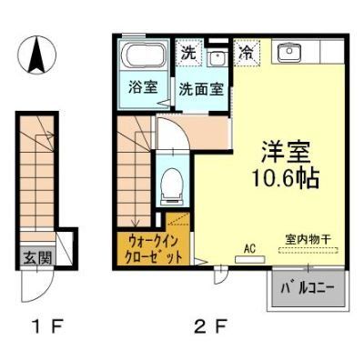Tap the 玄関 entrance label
pos(36,258)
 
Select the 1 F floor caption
pos(40,322)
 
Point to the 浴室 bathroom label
pos(141,89)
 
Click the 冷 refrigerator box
pos(245,52)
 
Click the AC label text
pos(249,246)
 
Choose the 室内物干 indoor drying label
pos(308,238)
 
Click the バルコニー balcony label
pos(307,288)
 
